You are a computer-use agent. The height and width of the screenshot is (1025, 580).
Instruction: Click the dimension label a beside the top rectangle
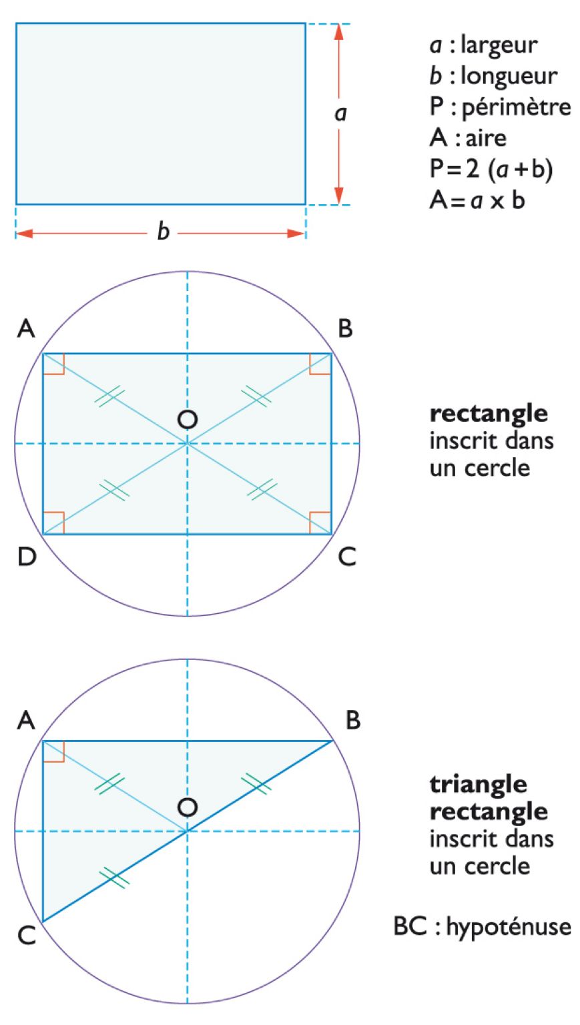(x=340, y=113)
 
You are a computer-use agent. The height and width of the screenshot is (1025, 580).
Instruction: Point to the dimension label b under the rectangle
(x=163, y=232)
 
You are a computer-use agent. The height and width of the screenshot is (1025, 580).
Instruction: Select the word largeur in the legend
(x=499, y=45)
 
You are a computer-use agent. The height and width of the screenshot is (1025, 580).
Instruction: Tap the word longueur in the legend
(x=509, y=76)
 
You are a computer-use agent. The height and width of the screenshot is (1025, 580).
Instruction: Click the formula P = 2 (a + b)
(x=491, y=169)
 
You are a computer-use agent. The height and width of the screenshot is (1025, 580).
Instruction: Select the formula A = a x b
(x=477, y=200)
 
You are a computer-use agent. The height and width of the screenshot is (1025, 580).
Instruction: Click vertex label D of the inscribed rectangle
(x=27, y=557)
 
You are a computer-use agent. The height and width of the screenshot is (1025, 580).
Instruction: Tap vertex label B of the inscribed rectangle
(x=345, y=329)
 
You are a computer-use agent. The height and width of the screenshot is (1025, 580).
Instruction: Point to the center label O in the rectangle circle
(x=188, y=419)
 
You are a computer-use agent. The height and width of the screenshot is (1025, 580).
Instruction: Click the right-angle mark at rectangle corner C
(x=321, y=523)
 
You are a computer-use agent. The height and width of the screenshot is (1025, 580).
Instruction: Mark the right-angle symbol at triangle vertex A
(x=53, y=751)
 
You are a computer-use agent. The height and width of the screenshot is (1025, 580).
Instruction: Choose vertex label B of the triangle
(x=353, y=721)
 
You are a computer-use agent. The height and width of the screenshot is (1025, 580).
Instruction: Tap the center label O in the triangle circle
(x=188, y=807)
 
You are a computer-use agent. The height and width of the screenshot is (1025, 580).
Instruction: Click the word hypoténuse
(x=508, y=927)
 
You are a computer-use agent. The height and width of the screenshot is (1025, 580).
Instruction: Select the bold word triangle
(x=478, y=783)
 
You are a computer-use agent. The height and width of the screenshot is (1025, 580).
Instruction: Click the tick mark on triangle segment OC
(x=114, y=878)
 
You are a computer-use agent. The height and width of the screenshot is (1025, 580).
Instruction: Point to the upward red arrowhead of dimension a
(x=338, y=33)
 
